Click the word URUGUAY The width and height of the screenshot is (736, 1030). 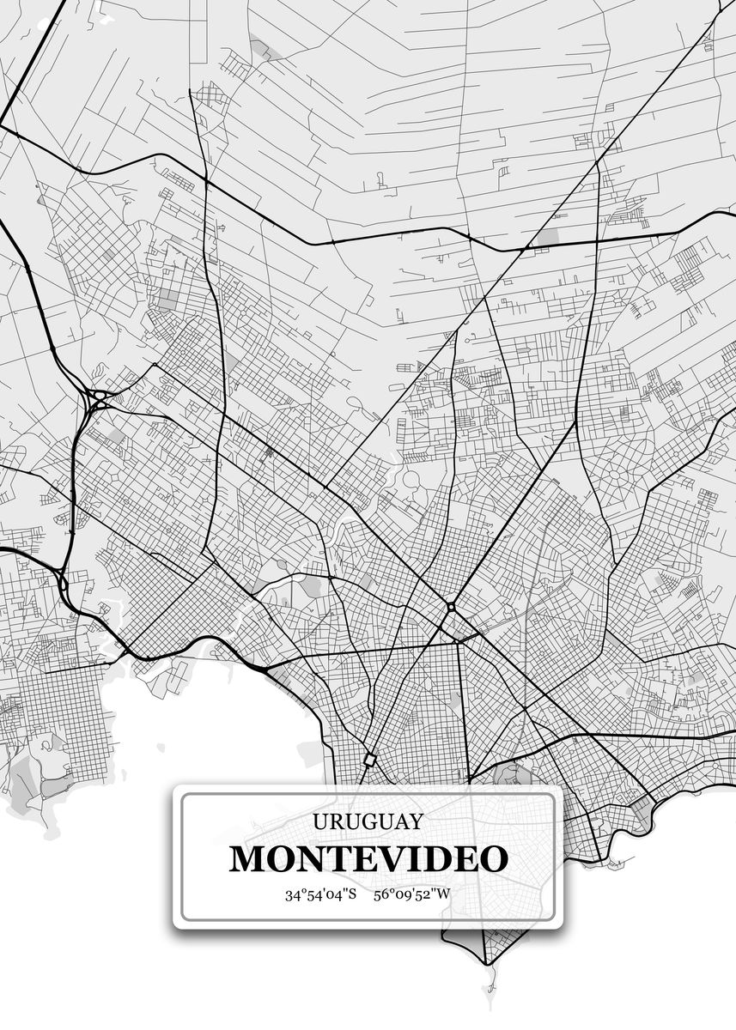368,821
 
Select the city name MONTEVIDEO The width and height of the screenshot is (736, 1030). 368,858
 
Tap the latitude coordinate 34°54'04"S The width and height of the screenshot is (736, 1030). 320,894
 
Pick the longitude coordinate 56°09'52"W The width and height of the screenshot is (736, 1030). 411,894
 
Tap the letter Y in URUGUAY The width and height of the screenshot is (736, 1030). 416,821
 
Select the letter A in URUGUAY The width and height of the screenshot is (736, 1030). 399,821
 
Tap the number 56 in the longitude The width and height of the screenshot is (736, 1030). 380,894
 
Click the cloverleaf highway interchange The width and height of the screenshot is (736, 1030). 98,398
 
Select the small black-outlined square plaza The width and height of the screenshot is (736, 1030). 369,760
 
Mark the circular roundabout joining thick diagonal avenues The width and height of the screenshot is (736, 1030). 451,608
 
